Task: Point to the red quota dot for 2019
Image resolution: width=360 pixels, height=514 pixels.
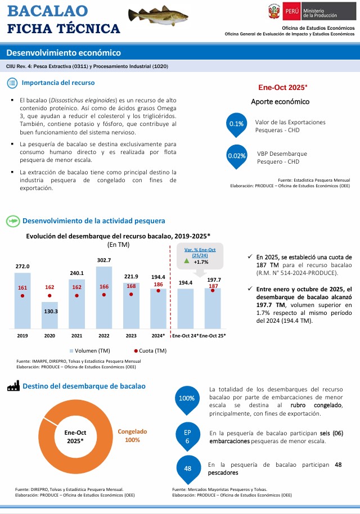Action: [x=22, y=295]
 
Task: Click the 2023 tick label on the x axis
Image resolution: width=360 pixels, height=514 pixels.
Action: [x=131, y=336]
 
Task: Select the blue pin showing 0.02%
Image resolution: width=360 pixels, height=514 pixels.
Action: [x=237, y=156]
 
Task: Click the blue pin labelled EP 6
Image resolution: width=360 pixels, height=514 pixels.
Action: [x=187, y=436]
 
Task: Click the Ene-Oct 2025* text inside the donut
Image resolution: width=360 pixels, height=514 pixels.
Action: [x=75, y=436]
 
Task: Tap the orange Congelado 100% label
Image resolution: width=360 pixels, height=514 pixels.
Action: [x=132, y=436]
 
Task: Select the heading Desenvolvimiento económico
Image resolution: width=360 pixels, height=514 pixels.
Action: [x=64, y=53]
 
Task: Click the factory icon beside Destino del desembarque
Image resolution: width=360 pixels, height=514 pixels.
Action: [x=13, y=386]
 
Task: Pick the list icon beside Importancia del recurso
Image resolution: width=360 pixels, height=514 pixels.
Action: [x=13, y=83]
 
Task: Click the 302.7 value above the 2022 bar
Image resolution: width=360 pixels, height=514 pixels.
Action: [x=103, y=260]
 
